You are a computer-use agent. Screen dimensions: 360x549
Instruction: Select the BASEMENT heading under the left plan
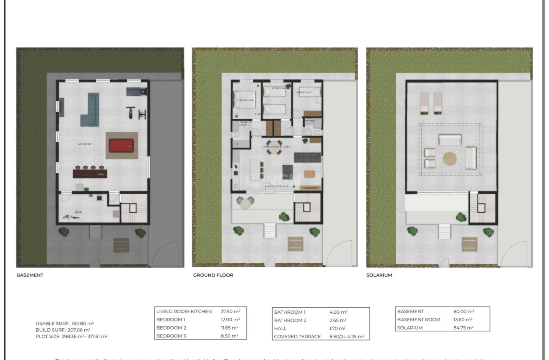pos(30,275)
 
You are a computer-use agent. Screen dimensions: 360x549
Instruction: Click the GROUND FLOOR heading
pos(213,275)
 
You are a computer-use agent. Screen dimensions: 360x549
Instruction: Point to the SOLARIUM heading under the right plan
pos(379,275)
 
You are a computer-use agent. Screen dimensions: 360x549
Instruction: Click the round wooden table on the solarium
pos(450,159)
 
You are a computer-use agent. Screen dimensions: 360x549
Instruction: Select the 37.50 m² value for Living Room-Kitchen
pos(230,311)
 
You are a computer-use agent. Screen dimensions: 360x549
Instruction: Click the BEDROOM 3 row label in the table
pos(171,336)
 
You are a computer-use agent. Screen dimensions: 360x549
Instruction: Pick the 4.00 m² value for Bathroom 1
pos(338,312)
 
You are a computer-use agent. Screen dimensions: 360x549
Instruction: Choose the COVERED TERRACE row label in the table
pos(297,336)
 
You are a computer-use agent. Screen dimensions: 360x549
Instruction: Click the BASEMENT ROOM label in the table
pos(419,320)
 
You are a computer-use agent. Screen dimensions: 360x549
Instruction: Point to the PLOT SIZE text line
pos(71,336)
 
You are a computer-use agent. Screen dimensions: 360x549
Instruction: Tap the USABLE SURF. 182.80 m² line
pos(65,323)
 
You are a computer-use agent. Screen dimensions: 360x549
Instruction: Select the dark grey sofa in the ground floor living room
pos(307,157)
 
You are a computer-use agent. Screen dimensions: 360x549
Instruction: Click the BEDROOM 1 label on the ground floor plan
pos(247,100)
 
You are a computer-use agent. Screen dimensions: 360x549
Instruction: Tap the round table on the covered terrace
pos(245,202)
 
